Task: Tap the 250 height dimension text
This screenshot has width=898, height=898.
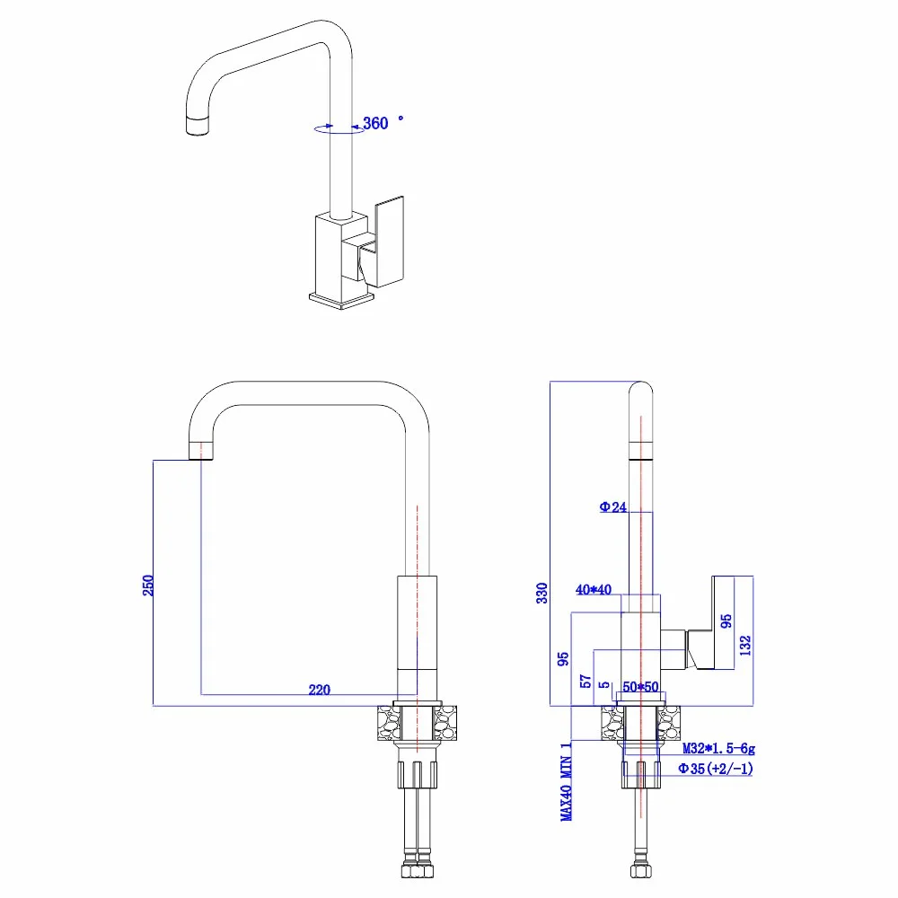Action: click(x=150, y=584)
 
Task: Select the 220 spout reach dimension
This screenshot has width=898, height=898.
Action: click(x=319, y=690)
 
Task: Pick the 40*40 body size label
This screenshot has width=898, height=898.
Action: click(x=594, y=590)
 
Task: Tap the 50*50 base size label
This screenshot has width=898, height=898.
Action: click(x=642, y=687)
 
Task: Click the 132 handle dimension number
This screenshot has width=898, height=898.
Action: click(x=744, y=645)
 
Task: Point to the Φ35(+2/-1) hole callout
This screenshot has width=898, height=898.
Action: click(x=715, y=769)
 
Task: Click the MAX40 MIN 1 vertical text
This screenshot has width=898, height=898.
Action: click(x=566, y=781)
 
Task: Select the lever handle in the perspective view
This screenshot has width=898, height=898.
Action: click(x=389, y=238)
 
